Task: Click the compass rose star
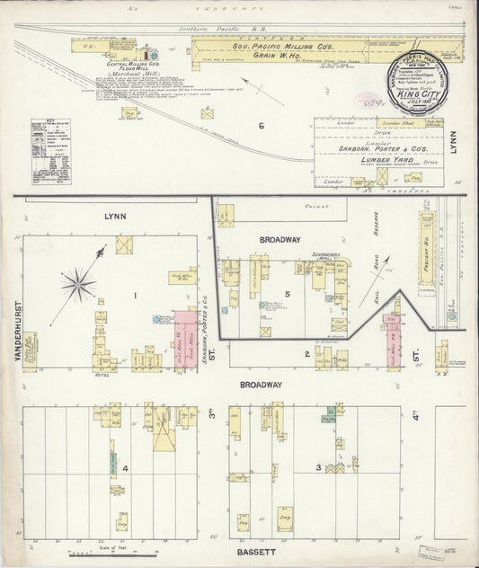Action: [x=79, y=285]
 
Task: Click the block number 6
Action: [x=262, y=125]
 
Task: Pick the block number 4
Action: [x=127, y=467]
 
